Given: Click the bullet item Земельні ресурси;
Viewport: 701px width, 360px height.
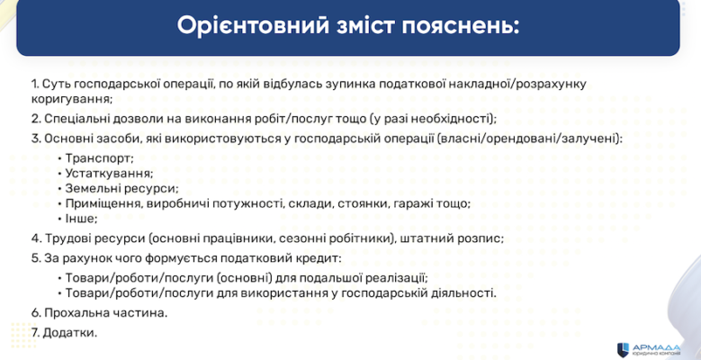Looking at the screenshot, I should click(121, 188).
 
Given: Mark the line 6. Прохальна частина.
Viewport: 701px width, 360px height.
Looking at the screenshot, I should click(99, 313).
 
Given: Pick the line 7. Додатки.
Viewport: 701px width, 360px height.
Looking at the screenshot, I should click(64, 332).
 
